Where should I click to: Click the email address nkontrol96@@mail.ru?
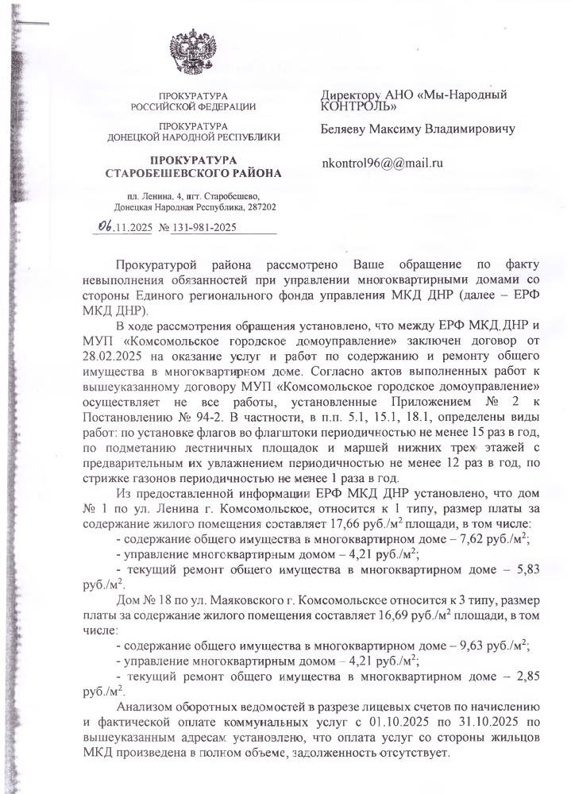click(x=380, y=163)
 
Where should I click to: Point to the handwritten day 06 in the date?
click(x=103, y=226)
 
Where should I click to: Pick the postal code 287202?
click(x=258, y=207)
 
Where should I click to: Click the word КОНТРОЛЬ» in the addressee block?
click(x=355, y=104)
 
